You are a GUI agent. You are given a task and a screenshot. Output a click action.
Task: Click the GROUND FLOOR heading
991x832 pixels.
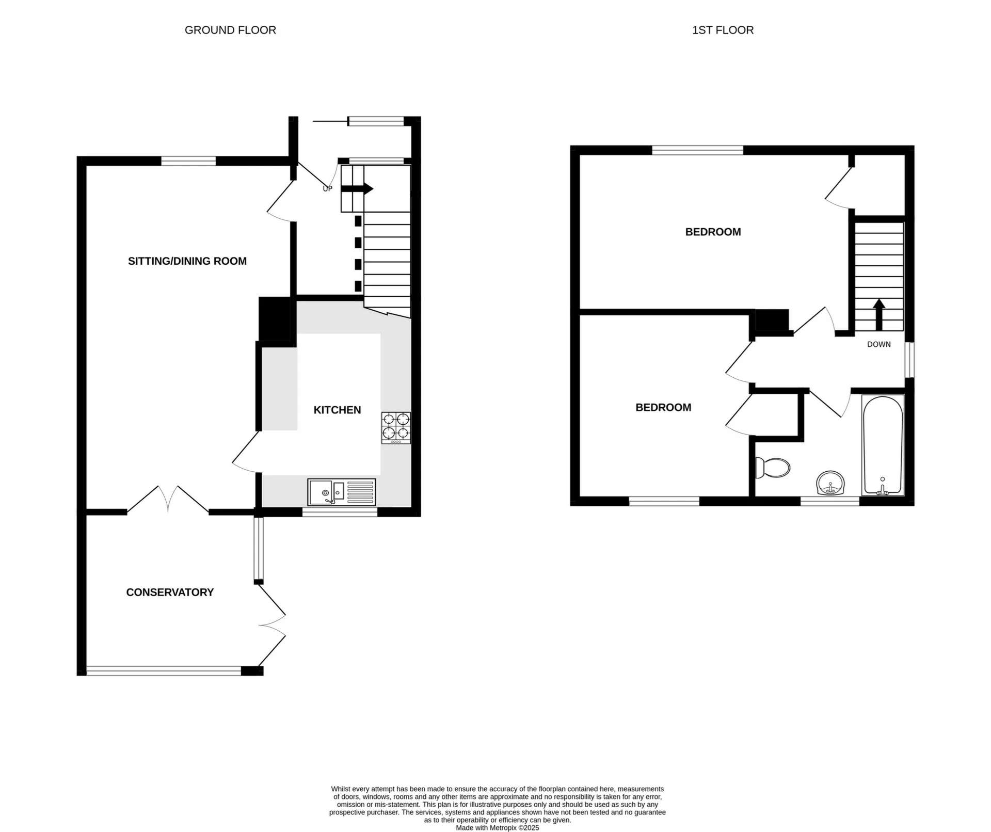(x=230, y=30)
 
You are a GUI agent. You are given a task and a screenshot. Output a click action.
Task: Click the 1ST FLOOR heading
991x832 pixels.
(x=723, y=30)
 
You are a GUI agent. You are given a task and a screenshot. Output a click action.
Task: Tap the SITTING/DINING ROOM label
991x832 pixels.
(x=187, y=261)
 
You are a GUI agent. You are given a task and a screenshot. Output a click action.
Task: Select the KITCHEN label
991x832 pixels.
(x=337, y=410)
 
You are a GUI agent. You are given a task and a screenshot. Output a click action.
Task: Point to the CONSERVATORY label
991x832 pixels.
(x=170, y=593)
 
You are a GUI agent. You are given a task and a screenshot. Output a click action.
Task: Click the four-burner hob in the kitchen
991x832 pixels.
(x=396, y=427)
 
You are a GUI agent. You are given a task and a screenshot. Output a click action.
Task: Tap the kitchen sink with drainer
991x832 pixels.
(x=341, y=492)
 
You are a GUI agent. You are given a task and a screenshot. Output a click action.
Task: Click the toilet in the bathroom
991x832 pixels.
(x=772, y=468)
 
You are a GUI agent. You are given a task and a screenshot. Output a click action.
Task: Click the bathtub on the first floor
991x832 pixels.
(x=883, y=445)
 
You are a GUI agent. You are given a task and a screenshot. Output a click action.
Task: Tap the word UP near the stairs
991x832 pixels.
(x=327, y=189)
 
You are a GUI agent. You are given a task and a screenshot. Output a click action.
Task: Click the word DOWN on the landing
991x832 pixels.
(x=878, y=344)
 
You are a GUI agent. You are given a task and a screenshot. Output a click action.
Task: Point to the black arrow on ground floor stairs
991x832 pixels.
(x=357, y=188)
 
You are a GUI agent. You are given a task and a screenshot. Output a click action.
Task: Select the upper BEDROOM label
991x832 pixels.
(x=713, y=232)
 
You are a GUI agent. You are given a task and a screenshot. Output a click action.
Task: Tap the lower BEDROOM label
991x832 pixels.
(x=663, y=408)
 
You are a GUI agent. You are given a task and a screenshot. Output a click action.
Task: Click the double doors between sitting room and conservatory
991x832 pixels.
(x=168, y=499)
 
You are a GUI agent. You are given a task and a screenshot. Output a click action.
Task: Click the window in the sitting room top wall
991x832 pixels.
(x=188, y=161)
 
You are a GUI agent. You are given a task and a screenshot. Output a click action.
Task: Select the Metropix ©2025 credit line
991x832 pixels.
(x=497, y=827)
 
